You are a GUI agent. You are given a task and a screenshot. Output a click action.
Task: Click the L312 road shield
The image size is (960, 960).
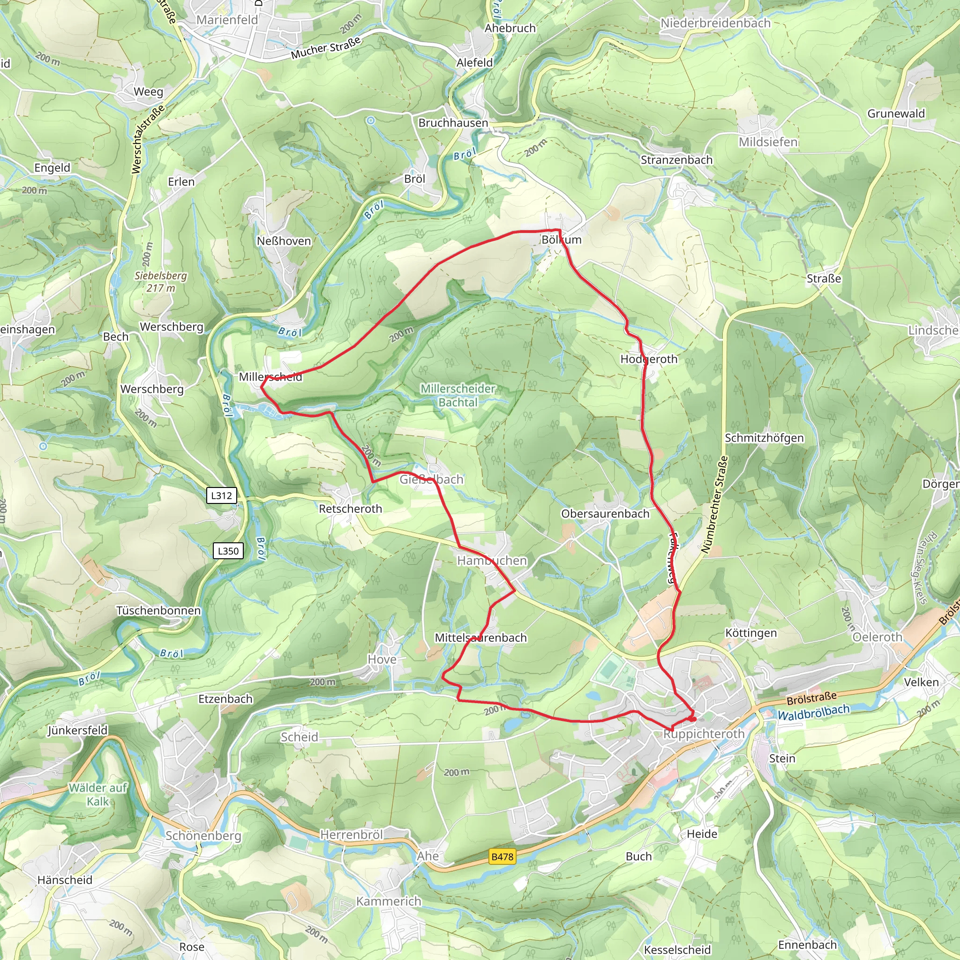click(221, 495)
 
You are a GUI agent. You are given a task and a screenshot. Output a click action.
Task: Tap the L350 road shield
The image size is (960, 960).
click(228, 551)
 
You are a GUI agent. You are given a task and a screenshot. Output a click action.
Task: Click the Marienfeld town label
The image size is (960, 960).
click(227, 20)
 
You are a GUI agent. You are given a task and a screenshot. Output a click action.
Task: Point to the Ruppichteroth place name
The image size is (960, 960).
click(704, 734)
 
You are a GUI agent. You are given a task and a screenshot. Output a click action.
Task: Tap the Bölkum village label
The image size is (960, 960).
click(561, 240)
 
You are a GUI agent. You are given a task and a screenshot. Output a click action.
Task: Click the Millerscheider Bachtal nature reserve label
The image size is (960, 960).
click(457, 396)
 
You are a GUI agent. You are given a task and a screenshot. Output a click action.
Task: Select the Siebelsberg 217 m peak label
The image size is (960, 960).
click(160, 281)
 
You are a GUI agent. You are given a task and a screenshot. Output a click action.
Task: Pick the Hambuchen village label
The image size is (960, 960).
click(491, 561)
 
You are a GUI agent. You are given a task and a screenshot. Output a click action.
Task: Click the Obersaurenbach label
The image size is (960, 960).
click(605, 514)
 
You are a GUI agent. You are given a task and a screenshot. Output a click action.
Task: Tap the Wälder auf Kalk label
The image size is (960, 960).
click(98, 794)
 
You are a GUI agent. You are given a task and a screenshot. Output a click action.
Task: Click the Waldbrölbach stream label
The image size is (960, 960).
click(813, 712)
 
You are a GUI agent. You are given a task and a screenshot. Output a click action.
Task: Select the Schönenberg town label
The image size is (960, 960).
click(203, 836)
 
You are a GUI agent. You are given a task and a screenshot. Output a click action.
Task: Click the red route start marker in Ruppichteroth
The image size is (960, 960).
click(692, 719)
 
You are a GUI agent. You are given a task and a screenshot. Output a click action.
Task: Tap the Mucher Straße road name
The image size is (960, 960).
click(326, 48)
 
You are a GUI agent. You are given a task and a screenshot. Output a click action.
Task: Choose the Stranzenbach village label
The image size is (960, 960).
click(676, 160)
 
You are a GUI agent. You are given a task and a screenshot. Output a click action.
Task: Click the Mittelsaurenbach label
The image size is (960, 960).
click(480, 637)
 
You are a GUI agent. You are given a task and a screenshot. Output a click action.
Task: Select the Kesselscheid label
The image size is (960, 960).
click(677, 950)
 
